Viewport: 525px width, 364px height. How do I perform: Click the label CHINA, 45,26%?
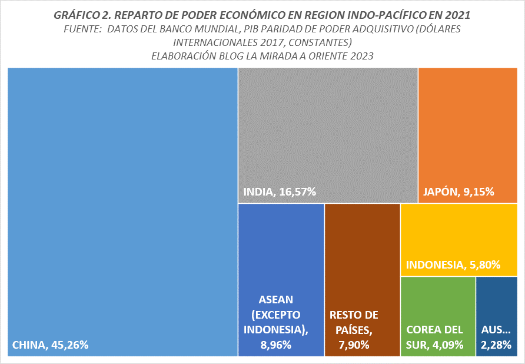50,345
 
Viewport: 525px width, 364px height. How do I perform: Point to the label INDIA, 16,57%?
280,191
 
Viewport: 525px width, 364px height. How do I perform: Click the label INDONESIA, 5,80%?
453,265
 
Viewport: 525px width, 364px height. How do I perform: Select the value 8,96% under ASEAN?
276,345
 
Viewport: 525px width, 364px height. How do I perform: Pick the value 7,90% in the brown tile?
354,345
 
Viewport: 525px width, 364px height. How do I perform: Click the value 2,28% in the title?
496,345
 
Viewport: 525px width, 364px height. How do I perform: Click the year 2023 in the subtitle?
362,56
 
